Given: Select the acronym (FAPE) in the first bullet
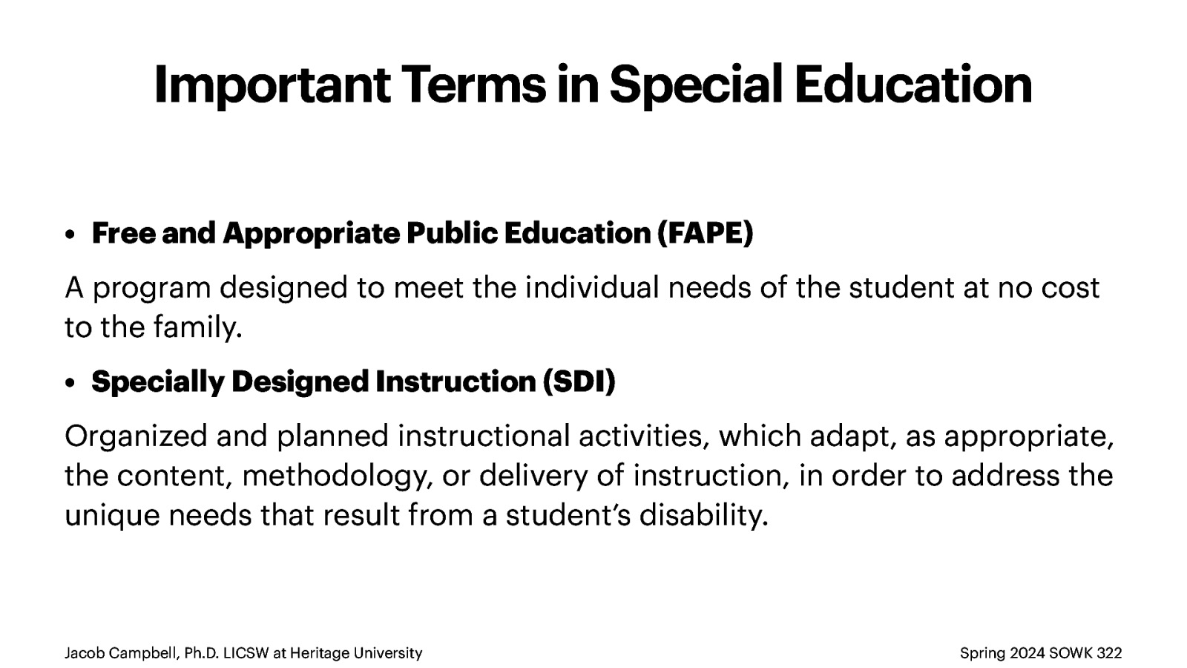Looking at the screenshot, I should point(705,233).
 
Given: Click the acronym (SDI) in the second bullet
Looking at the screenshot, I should point(579,382).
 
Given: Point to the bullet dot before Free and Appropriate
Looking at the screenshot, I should point(70,235).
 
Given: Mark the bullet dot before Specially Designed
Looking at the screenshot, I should point(70,383).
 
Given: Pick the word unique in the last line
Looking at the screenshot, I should point(112,515).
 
